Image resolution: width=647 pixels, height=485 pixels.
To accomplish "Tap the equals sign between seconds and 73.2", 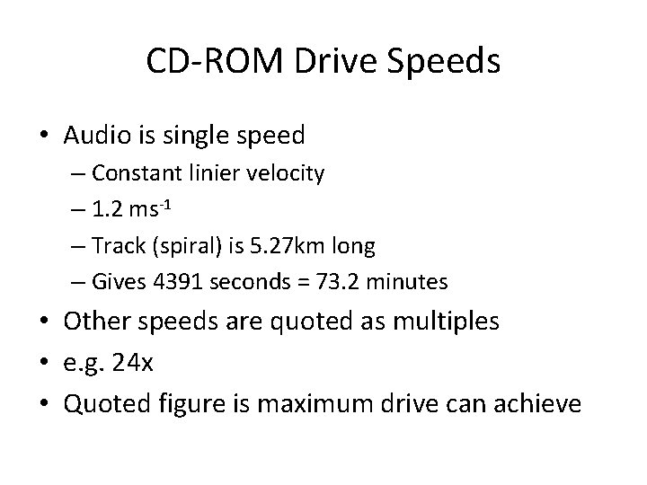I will tap(293, 283).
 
